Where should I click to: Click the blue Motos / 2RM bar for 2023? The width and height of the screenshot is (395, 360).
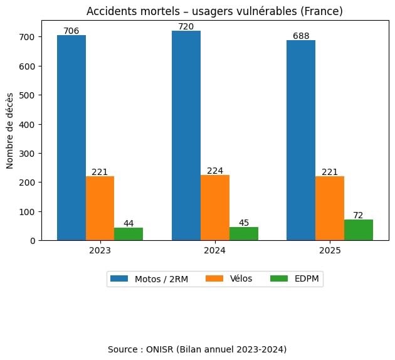[x=71, y=138]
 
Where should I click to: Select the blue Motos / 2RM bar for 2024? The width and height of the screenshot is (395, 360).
[x=186, y=135]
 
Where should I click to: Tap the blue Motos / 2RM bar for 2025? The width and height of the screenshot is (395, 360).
[x=301, y=140]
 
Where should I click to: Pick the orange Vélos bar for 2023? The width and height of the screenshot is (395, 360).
[x=100, y=208]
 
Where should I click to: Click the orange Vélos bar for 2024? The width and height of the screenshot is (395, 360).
[x=215, y=208]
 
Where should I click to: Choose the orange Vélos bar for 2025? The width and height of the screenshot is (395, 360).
[x=330, y=208]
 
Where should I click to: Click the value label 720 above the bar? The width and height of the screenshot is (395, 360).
[x=186, y=26]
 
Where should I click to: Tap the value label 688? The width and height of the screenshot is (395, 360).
[x=301, y=36]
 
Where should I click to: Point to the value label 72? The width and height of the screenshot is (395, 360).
[x=359, y=215]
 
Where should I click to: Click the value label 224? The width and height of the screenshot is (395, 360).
[x=215, y=171]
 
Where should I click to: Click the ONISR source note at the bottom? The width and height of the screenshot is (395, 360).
[x=197, y=349]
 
